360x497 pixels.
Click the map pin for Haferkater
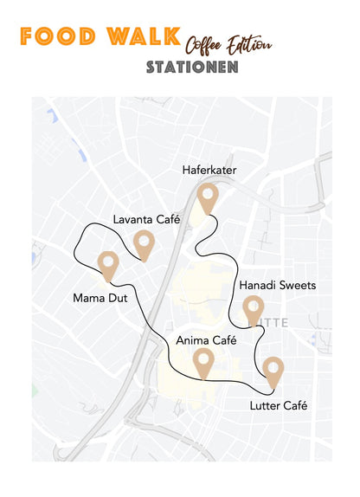[206, 198]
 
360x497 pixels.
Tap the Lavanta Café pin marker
[144, 244]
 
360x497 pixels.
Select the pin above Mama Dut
[108, 265]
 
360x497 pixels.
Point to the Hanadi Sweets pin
[253, 309]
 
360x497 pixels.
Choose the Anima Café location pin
[203, 362]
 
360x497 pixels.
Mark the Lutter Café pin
[273, 371]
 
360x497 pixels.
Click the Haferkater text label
[209, 171]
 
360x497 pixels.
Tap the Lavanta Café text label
[146, 219]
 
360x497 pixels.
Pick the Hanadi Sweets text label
[277, 285]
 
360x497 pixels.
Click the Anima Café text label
[206, 340]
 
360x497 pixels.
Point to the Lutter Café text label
[279, 405]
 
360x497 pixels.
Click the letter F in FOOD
[27, 36]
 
